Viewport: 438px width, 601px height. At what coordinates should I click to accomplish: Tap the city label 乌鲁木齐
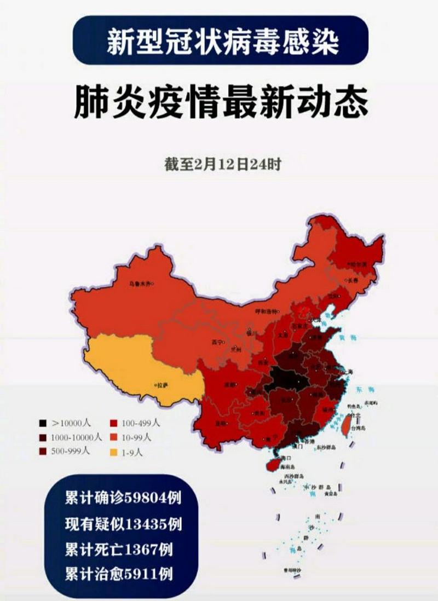pyautogui.click(x=140, y=284)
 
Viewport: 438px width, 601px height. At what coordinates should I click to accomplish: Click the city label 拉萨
pyautogui.click(x=162, y=385)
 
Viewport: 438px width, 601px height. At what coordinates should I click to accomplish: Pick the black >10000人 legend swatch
pyautogui.click(x=42, y=423)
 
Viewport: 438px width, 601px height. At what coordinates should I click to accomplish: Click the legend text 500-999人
pyautogui.click(x=75, y=452)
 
